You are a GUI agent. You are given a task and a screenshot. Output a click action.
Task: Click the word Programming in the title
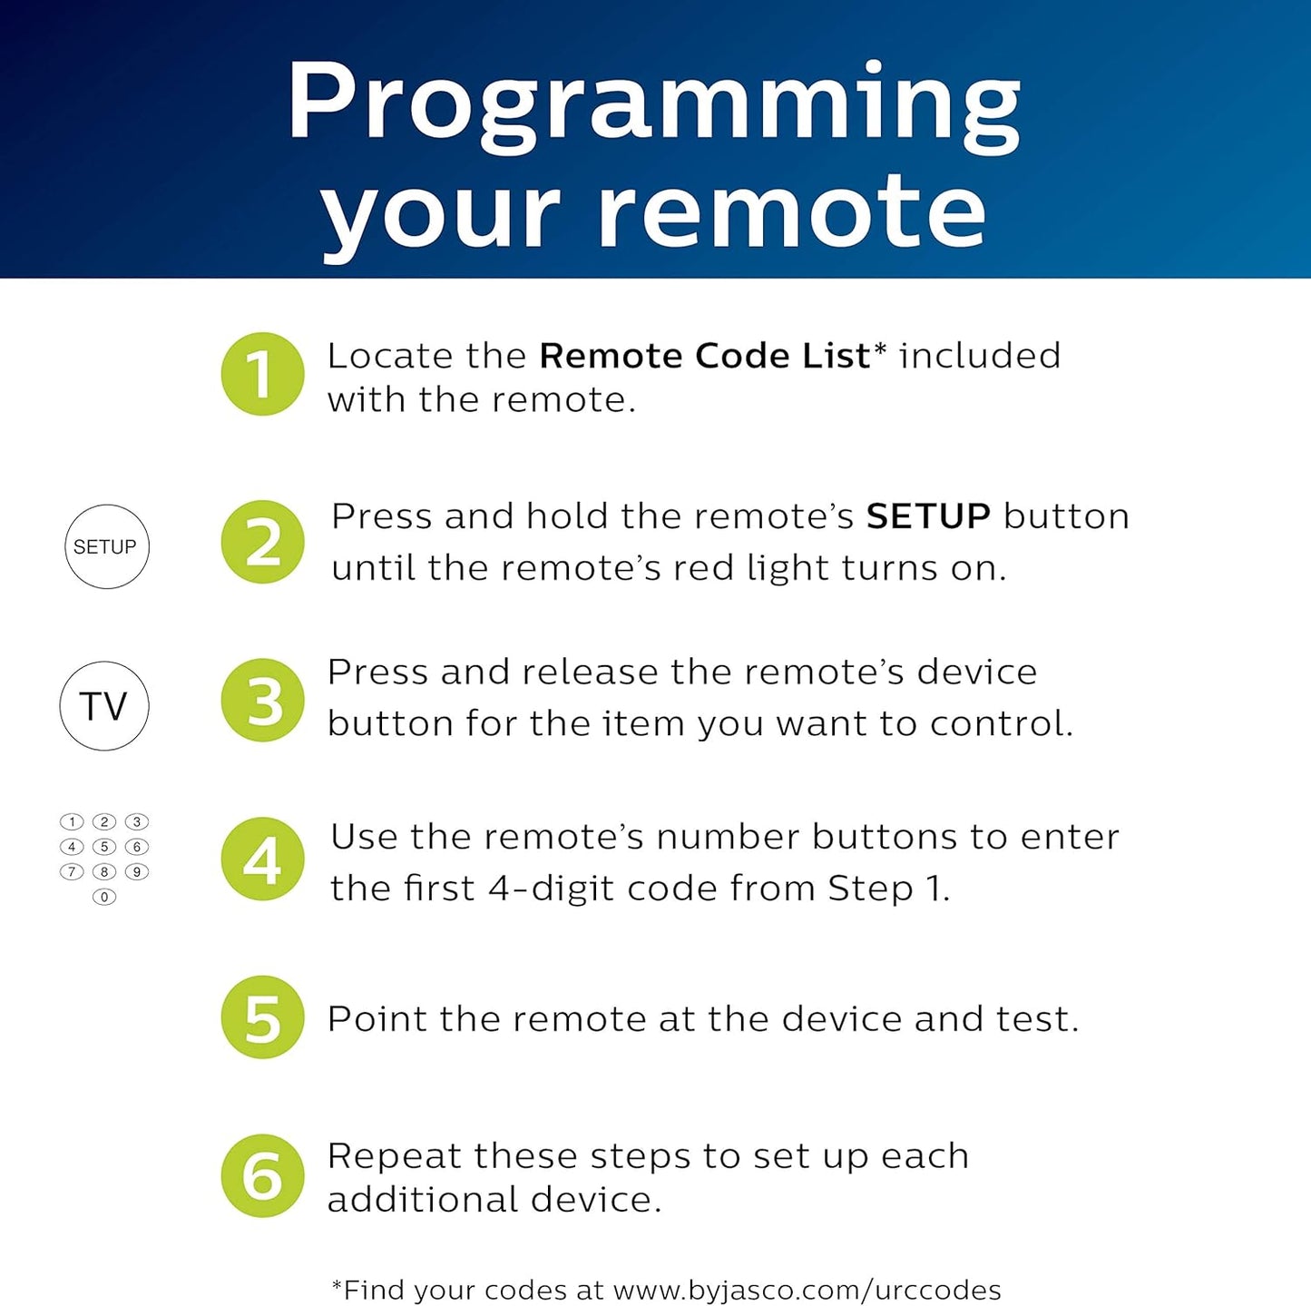click(654, 102)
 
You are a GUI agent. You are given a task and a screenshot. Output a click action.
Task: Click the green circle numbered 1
click(262, 374)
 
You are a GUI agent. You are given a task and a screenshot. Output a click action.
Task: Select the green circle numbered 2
click(262, 542)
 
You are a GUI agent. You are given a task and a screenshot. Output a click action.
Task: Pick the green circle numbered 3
click(262, 700)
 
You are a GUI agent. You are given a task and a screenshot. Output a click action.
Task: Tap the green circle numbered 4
click(262, 859)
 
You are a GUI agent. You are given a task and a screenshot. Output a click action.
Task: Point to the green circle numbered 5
click(262, 1017)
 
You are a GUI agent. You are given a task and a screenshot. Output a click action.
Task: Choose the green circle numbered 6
click(262, 1175)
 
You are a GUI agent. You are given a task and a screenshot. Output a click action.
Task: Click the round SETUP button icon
click(106, 546)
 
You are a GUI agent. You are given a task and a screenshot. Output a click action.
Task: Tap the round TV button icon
click(104, 706)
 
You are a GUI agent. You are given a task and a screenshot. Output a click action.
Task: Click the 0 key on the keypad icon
click(104, 897)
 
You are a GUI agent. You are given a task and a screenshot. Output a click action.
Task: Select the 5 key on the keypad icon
click(104, 847)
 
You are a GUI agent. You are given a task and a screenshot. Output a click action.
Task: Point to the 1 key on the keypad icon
click(72, 822)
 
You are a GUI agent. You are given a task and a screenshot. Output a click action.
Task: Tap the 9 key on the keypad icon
click(137, 871)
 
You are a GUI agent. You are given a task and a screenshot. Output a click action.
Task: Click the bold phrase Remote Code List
click(704, 356)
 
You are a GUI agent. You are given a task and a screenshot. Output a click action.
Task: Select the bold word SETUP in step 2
click(928, 516)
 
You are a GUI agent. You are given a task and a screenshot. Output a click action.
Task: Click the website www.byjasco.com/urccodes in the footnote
click(807, 1290)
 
